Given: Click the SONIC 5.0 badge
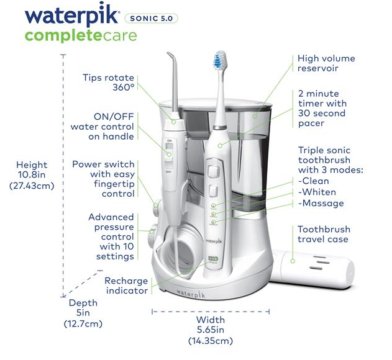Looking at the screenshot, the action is [x=151, y=18].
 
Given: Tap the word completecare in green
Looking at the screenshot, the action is [x=81, y=36].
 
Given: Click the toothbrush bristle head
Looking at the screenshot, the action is [x=220, y=60].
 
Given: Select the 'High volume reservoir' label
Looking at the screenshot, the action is [x=326, y=63].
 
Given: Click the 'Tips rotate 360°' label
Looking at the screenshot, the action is [x=109, y=82].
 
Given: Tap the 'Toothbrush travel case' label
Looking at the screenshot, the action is [x=324, y=234].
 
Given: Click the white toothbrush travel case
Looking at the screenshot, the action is [x=312, y=269].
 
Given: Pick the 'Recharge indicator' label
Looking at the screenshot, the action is [x=126, y=286].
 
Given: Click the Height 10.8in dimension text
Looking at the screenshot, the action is [x=32, y=175].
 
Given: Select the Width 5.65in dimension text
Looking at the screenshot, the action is [x=211, y=330].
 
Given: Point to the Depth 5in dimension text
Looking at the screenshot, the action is [x=83, y=313].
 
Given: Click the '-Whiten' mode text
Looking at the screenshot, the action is [x=317, y=192].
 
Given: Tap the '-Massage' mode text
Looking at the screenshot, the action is [x=321, y=203].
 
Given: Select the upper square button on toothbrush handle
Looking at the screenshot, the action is [x=213, y=172].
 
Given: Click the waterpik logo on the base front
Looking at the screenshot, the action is [x=191, y=294].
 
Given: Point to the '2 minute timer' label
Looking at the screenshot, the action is [x=322, y=109].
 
